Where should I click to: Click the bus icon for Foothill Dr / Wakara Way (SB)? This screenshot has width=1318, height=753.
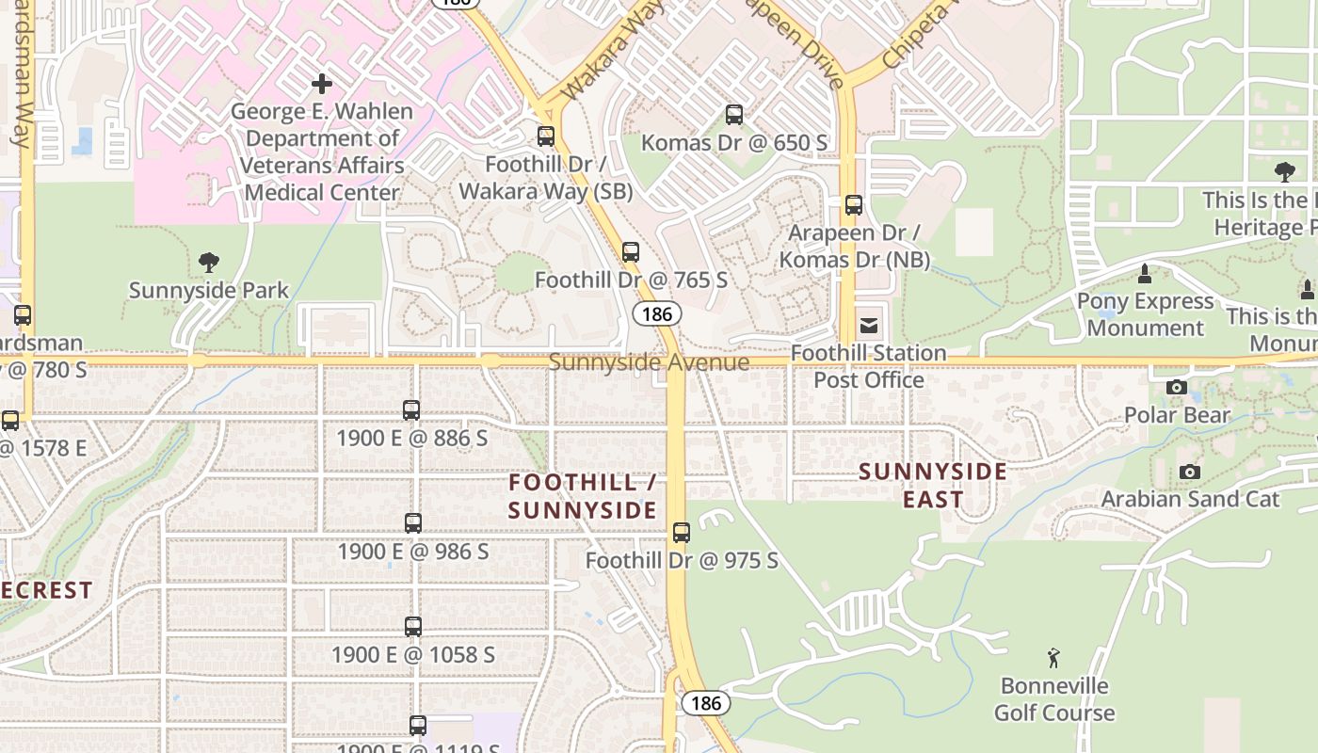click(546, 136)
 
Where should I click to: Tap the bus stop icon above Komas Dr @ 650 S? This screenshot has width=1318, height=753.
click(734, 116)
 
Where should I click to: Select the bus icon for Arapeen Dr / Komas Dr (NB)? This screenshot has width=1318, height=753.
click(854, 205)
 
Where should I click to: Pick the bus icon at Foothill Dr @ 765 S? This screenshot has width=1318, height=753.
click(631, 252)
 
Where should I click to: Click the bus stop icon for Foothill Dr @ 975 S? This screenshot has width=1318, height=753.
click(682, 533)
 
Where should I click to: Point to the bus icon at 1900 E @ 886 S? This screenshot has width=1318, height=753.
click(411, 410)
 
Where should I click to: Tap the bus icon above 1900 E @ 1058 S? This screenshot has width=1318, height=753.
click(413, 627)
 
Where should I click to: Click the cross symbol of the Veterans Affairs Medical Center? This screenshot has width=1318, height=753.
click(322, 85)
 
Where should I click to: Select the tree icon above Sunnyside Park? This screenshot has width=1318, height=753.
click(209, 263)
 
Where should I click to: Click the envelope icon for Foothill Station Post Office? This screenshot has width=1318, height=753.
click(868, 327)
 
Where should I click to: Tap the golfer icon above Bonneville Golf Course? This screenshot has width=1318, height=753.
click(1053, 657)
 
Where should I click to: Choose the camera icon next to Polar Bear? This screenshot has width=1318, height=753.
click(1176, 387)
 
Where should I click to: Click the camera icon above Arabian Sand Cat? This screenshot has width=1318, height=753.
click(1190, 472)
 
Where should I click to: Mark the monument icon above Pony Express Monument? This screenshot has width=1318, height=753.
click(1145, 274)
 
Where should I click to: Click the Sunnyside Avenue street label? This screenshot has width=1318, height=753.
click(649, 362)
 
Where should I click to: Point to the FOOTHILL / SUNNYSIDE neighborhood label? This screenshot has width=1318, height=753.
click(582, 496)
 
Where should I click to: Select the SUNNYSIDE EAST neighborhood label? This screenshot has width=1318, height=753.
click(933, 485)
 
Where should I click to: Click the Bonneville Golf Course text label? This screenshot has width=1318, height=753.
click(1054, 699)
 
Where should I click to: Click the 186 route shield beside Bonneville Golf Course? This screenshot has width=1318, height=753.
click(705, 703)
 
